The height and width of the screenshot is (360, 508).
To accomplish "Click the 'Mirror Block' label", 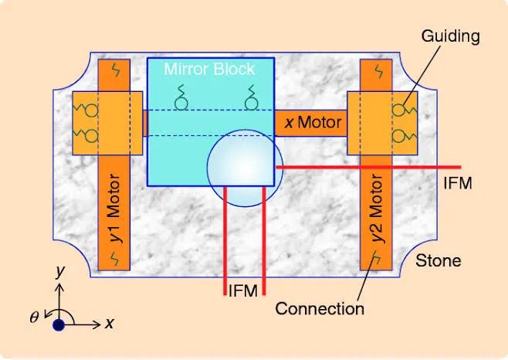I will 209,70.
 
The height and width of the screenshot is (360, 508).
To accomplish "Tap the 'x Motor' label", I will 313,122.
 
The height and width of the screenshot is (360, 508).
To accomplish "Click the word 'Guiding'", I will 451,36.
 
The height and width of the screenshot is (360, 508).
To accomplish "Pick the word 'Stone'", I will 438,261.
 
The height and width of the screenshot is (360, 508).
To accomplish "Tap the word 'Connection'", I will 320,309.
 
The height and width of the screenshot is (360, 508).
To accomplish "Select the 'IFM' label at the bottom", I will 243,290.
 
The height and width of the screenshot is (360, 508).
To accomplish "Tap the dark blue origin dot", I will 59,324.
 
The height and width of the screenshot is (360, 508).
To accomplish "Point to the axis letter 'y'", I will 59,270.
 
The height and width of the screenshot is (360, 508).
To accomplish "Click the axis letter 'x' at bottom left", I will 109,324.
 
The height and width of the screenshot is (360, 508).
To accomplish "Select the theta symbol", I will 34,317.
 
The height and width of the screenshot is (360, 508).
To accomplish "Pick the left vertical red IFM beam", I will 225,240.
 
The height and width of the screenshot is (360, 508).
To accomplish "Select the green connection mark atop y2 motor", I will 378,71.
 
